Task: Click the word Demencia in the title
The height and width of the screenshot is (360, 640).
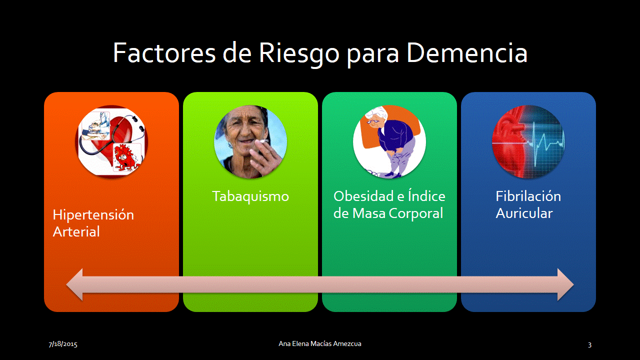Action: pos(467,53)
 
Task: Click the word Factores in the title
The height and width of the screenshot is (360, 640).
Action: pos(164,53)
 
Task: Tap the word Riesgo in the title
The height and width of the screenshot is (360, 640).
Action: pos(299,55)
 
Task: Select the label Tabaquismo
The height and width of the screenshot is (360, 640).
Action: pos(250,196)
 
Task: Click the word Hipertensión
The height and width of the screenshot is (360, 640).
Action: pos(93,215)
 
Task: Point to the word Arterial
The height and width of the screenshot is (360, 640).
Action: pos(76,231)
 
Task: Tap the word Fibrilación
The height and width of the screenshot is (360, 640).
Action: pos(528,196)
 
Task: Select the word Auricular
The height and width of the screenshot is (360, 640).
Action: pos(524,213)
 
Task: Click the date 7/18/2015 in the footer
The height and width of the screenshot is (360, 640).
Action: pos(63,344)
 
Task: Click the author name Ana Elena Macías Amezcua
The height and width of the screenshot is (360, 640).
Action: pos(320,343)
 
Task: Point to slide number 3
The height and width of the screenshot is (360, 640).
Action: pos(589,344)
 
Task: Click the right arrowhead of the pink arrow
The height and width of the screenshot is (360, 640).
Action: pos(565,284)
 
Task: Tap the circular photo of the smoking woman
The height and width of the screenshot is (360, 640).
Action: pos(250,142)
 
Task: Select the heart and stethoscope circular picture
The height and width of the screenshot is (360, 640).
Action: pos(111,142)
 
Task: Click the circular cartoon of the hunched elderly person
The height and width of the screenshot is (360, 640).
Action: pos(389,142)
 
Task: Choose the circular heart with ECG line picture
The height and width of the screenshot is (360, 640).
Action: pos(528,142)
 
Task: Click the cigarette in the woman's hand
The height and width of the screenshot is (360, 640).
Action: pos(263,141)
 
